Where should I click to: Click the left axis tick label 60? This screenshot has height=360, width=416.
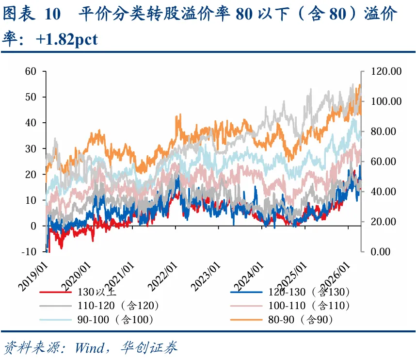(31, 71)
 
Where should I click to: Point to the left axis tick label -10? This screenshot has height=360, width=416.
(29, 251)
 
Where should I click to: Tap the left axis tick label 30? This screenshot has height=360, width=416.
(31, 148)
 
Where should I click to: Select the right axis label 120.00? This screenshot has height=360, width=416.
(386, 71)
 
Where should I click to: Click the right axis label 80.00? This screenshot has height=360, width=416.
(383, 131)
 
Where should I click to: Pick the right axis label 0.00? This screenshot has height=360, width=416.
(381, 251)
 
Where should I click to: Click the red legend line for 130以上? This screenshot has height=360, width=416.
(55, 292)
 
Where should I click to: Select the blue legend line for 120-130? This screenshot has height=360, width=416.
(246, 292)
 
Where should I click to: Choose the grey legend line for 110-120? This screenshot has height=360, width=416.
(55, 306)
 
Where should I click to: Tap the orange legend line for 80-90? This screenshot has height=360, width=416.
(246, 320)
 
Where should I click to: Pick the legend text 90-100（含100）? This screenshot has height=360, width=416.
(115, 320)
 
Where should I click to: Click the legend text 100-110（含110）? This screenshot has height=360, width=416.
(309, 306)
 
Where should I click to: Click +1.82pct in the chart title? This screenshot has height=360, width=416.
(66, 40)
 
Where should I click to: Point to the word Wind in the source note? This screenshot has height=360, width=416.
(89, 347)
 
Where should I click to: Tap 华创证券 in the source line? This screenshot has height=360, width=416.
(149, 347)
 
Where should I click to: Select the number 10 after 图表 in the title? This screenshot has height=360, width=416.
(53, 14)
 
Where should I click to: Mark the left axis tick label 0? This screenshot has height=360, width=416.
(33, 226)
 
